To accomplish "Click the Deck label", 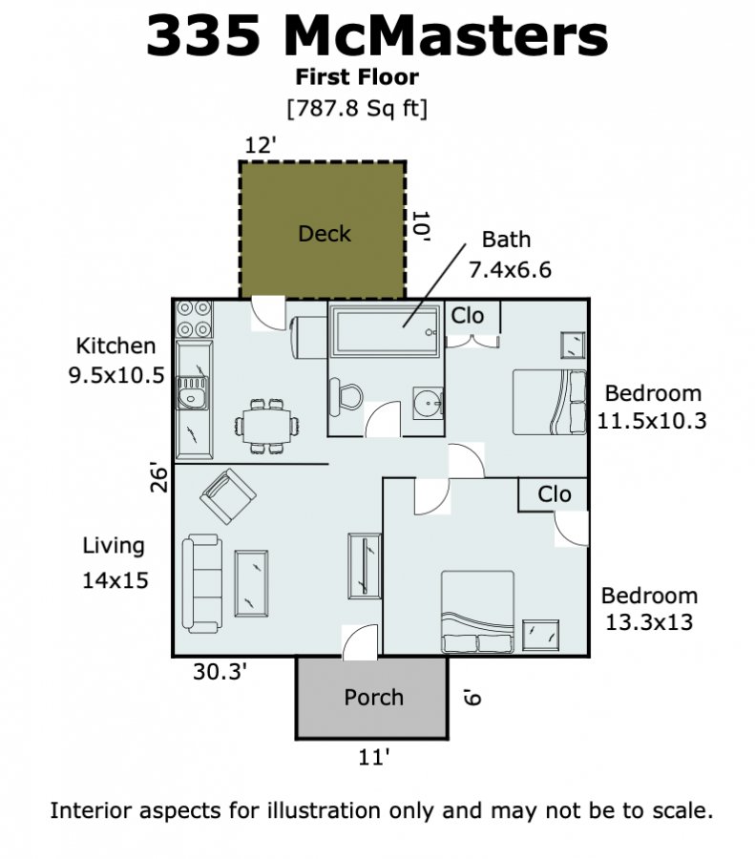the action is [325, 234].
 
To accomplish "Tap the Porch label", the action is [373, 698].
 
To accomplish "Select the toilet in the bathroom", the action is [346, 397].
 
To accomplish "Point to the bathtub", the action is [387, 331].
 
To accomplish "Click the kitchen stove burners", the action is [194, 319].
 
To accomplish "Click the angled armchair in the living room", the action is [228, 496].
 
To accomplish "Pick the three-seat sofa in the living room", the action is [202, 582].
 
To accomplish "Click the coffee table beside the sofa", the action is [251, 583].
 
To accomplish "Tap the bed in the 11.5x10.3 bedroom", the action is [549, 403].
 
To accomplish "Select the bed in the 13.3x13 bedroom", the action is [478, 612].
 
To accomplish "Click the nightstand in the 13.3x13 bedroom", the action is [541, 635].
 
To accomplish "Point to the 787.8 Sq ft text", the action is [357, 108].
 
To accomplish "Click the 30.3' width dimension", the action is [220, 671].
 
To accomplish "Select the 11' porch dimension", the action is [374, 757].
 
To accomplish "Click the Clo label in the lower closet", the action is [555, 494].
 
